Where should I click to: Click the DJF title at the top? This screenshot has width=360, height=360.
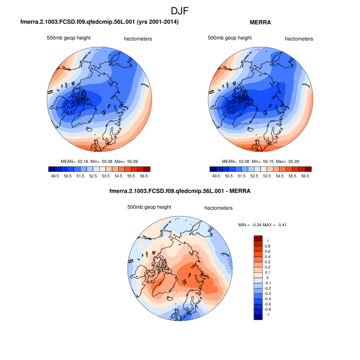click(180, 10)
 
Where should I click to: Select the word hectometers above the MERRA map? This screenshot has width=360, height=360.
click(299, 39)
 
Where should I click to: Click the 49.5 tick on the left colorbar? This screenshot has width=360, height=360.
click(52, 175)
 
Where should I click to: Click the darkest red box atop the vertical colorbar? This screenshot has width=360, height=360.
click(258, 238)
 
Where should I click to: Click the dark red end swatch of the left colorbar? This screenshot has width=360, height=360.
click(147, 169)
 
